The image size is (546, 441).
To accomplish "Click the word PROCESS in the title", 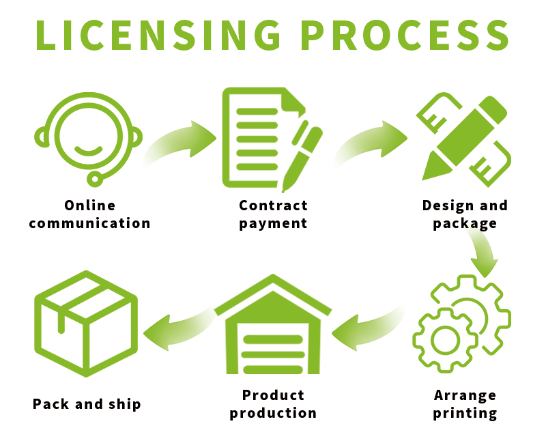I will (405, 35).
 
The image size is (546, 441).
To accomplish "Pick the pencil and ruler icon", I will (465, 140).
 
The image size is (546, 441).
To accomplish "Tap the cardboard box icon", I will (85, 324).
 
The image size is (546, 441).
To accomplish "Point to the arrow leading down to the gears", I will (481, 252).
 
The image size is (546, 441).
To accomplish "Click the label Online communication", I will (89, 214).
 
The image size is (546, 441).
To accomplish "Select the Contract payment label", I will (273, 214).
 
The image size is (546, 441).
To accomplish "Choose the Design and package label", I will (465, 214).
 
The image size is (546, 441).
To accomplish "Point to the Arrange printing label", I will (465, 404).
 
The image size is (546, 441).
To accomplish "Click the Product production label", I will (273, 404).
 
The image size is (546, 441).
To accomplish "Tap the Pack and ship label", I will (87, 404).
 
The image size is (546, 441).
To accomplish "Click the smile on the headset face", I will (88, 150).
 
